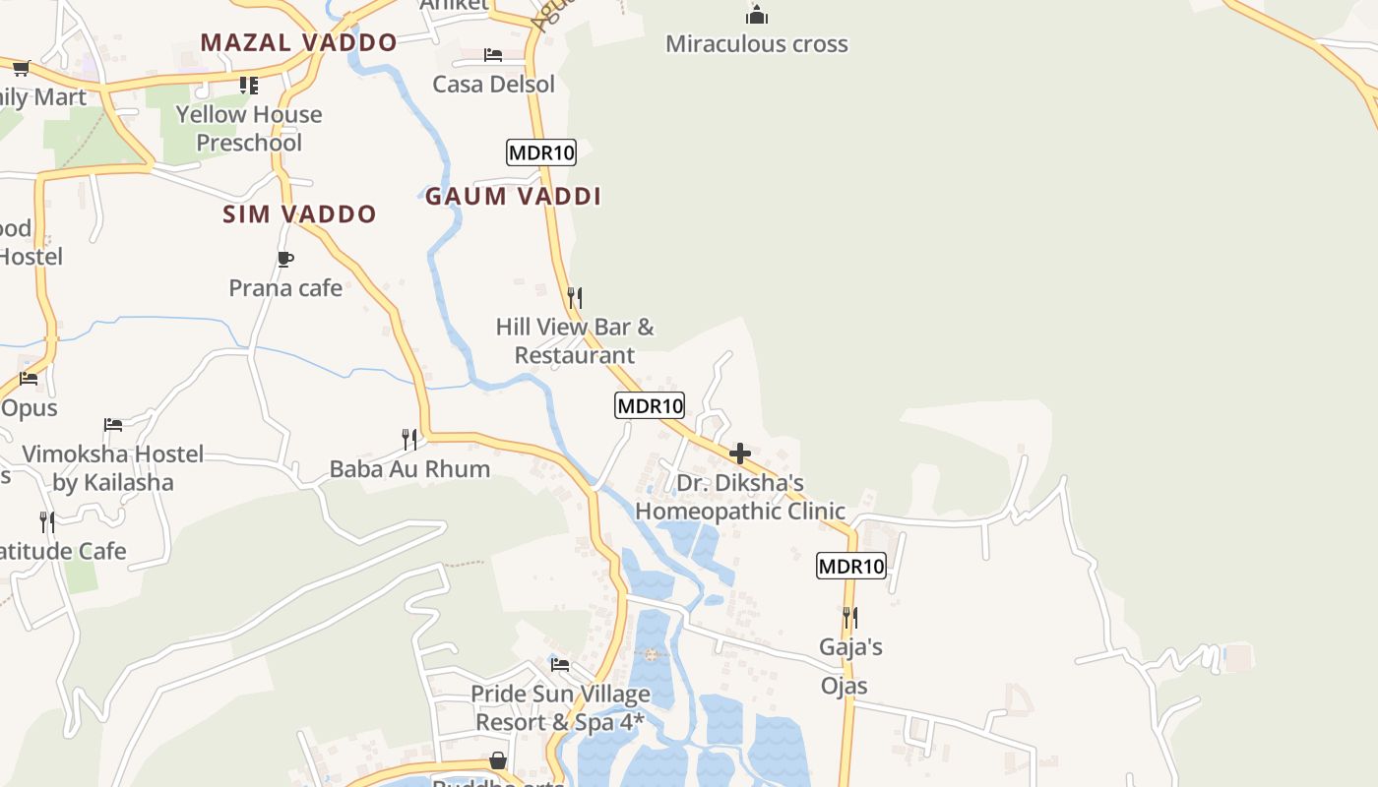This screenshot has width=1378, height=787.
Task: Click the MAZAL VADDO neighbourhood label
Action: [298, 42]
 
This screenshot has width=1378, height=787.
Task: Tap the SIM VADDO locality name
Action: [299, 214]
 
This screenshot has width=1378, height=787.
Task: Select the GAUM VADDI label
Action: [513, 197]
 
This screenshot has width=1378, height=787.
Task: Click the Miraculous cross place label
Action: [756, 44]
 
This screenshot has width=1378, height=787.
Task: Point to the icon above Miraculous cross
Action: [756, 15]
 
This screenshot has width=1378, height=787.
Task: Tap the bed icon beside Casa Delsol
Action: [493, 55]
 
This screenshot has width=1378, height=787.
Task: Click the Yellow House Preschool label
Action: [249, 129]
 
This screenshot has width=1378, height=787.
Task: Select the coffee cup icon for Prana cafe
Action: [285, 260]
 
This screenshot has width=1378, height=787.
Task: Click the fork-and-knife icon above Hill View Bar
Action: [575, 297]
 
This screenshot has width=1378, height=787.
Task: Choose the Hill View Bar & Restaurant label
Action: [575, 340]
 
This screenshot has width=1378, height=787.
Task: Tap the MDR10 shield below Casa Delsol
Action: [540, 152]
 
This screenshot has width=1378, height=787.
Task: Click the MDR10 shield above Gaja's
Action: [851, 566]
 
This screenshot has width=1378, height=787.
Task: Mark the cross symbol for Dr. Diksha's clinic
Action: [740, 454]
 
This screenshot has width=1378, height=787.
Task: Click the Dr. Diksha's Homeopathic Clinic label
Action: [740, 497]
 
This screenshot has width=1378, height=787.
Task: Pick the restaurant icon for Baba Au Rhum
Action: [409, 439]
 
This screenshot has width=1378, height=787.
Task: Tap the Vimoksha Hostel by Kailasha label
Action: [113, 468]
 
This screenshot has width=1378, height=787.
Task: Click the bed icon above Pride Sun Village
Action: [560, 665]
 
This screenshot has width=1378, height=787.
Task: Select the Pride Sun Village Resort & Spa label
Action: [560, 708]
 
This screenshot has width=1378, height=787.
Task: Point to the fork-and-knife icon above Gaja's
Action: [850, 618]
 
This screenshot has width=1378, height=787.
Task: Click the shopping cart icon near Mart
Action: [22, 68]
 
